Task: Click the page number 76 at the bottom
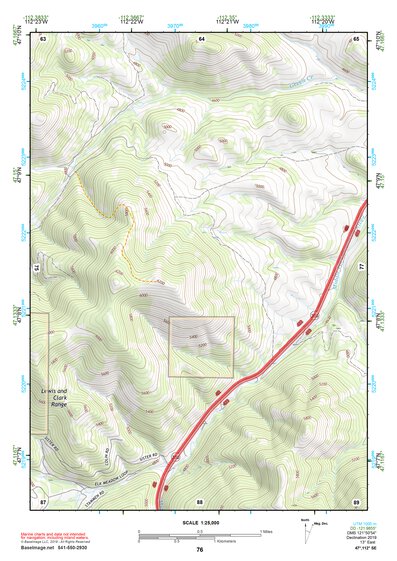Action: coord(200,549)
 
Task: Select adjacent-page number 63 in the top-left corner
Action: coord(44,38)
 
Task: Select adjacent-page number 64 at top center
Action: coord(201,38)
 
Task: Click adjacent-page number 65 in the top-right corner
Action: coord(357,38)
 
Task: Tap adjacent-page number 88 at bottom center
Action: coord(200,500)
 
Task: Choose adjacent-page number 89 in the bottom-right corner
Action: coord(357,500)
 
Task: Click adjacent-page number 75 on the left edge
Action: coord(39,269)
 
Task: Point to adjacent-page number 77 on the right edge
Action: coord(362,269)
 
